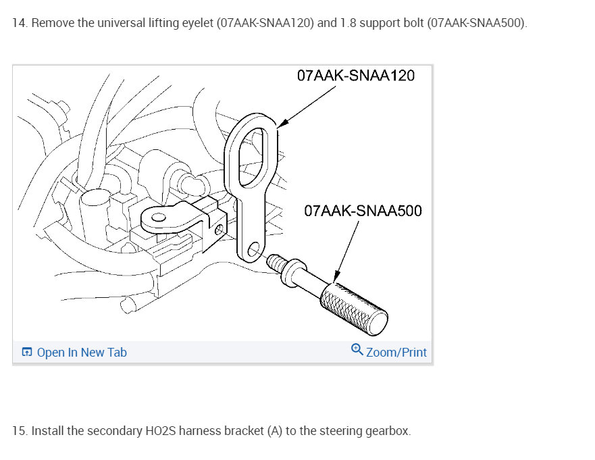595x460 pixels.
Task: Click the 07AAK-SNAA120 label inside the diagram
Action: [355, 76]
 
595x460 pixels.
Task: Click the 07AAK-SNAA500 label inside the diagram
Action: [363, 211]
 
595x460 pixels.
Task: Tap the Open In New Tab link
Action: [82, 352]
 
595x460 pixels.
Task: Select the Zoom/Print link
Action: [396, 352]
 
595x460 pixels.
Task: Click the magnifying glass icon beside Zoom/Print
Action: [357, 349]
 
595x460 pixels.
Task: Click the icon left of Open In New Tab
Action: [27, 352]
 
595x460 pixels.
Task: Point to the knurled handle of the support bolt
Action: [354, 309]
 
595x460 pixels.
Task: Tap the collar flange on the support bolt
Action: [293, 273]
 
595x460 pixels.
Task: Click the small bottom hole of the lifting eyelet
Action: [253, 249]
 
